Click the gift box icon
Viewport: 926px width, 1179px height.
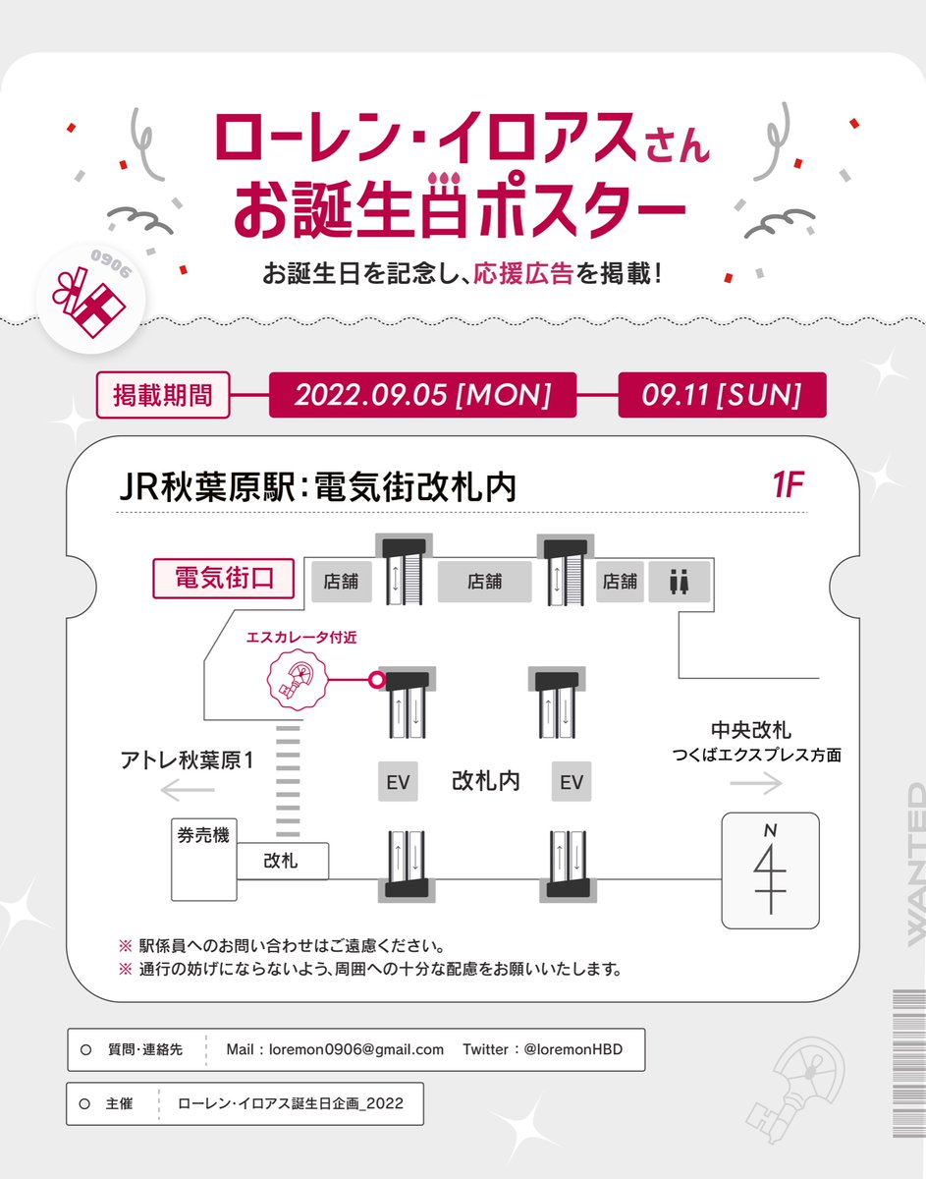click(89, 303)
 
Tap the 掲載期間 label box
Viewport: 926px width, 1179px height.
click(163, 394)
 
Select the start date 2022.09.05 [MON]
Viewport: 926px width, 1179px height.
click(422, 394)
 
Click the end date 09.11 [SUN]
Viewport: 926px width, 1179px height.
click(722, 394)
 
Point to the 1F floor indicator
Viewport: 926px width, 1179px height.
click(788, 484)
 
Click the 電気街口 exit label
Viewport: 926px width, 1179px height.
click(223, 579)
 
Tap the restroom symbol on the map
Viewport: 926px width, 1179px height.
click(680, 582)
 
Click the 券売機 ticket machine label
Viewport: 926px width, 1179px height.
click(203, 835)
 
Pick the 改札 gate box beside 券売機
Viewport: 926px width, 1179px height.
click(282, 861)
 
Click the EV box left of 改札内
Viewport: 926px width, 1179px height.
click(398, 782)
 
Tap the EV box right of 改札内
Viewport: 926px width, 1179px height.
click(572, 782)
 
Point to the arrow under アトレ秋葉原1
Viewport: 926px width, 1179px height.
click(188, 790)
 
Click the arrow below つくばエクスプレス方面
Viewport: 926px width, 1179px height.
click(756, 783)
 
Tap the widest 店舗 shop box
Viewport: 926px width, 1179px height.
click(485, 582)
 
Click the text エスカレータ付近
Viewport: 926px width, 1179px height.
click(301, 637)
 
